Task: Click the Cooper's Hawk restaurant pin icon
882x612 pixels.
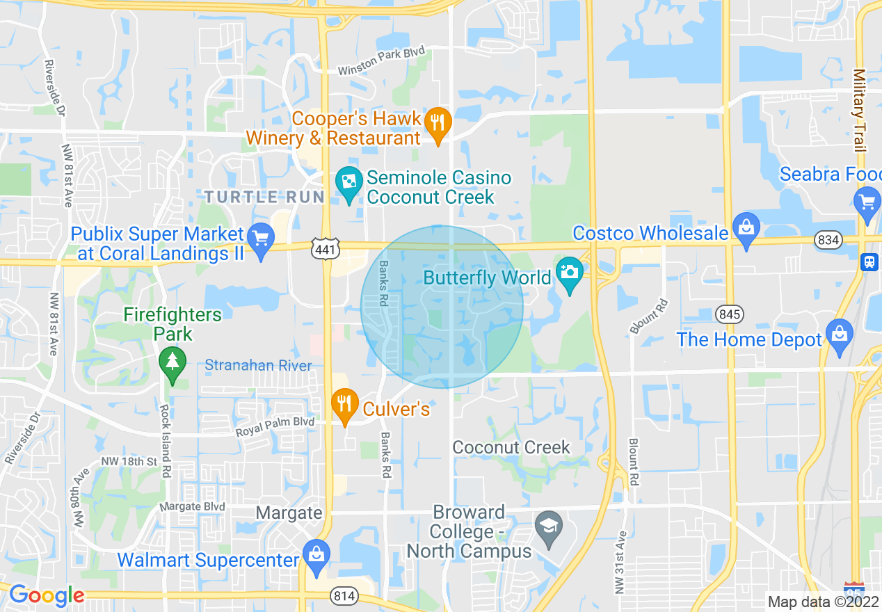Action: tap(438, 123)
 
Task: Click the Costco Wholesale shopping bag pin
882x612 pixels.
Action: tap(746, 227)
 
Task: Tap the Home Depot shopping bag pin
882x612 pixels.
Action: tap(840, 335)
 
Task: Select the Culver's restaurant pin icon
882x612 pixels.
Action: tap(344, 404)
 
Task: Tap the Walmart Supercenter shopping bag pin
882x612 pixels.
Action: tap(316, 556)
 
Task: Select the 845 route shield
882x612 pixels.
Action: tap(730, 314)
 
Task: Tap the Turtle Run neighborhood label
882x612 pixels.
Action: tap(264, 197)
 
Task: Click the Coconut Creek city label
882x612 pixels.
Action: tap(511, 447)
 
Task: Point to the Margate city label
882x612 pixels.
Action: tap(289, 513)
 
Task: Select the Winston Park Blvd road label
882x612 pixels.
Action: tap(380, 61)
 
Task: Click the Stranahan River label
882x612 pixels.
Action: tap(258, 365)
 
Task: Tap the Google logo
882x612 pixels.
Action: tap(46, 595)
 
